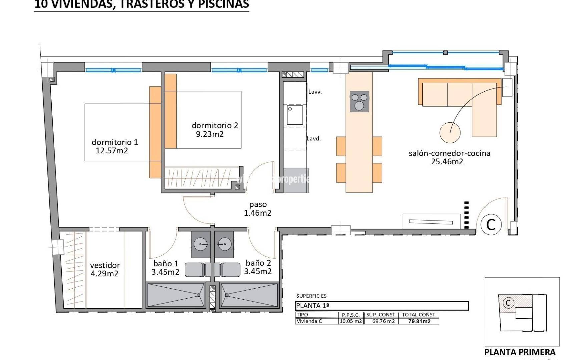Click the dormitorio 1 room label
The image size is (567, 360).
pos(115,142)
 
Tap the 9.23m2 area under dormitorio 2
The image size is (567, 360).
pos(210,134)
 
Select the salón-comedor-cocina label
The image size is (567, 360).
pos(449,153)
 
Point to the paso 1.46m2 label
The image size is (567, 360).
pos(258,209)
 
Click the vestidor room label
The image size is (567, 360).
pos(105,265)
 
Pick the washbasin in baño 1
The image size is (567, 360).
pos(201,245)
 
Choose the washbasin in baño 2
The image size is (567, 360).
pos(224,245)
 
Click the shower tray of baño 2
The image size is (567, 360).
pos(249,295)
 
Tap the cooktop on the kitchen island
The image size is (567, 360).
pos(359,101)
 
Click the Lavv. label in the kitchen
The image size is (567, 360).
pos(315,92)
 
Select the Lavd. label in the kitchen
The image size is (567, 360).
pos(314,139)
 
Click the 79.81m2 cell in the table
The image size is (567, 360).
pos(419,322)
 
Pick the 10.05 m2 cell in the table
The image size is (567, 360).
pos(350,322)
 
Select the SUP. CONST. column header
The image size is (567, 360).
pos(381,315)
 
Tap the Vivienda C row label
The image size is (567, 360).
pos(309,322)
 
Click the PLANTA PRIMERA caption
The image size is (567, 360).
pos(520,352)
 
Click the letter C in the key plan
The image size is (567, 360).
pos(508,303)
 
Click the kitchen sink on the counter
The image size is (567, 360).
pos(295,115)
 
